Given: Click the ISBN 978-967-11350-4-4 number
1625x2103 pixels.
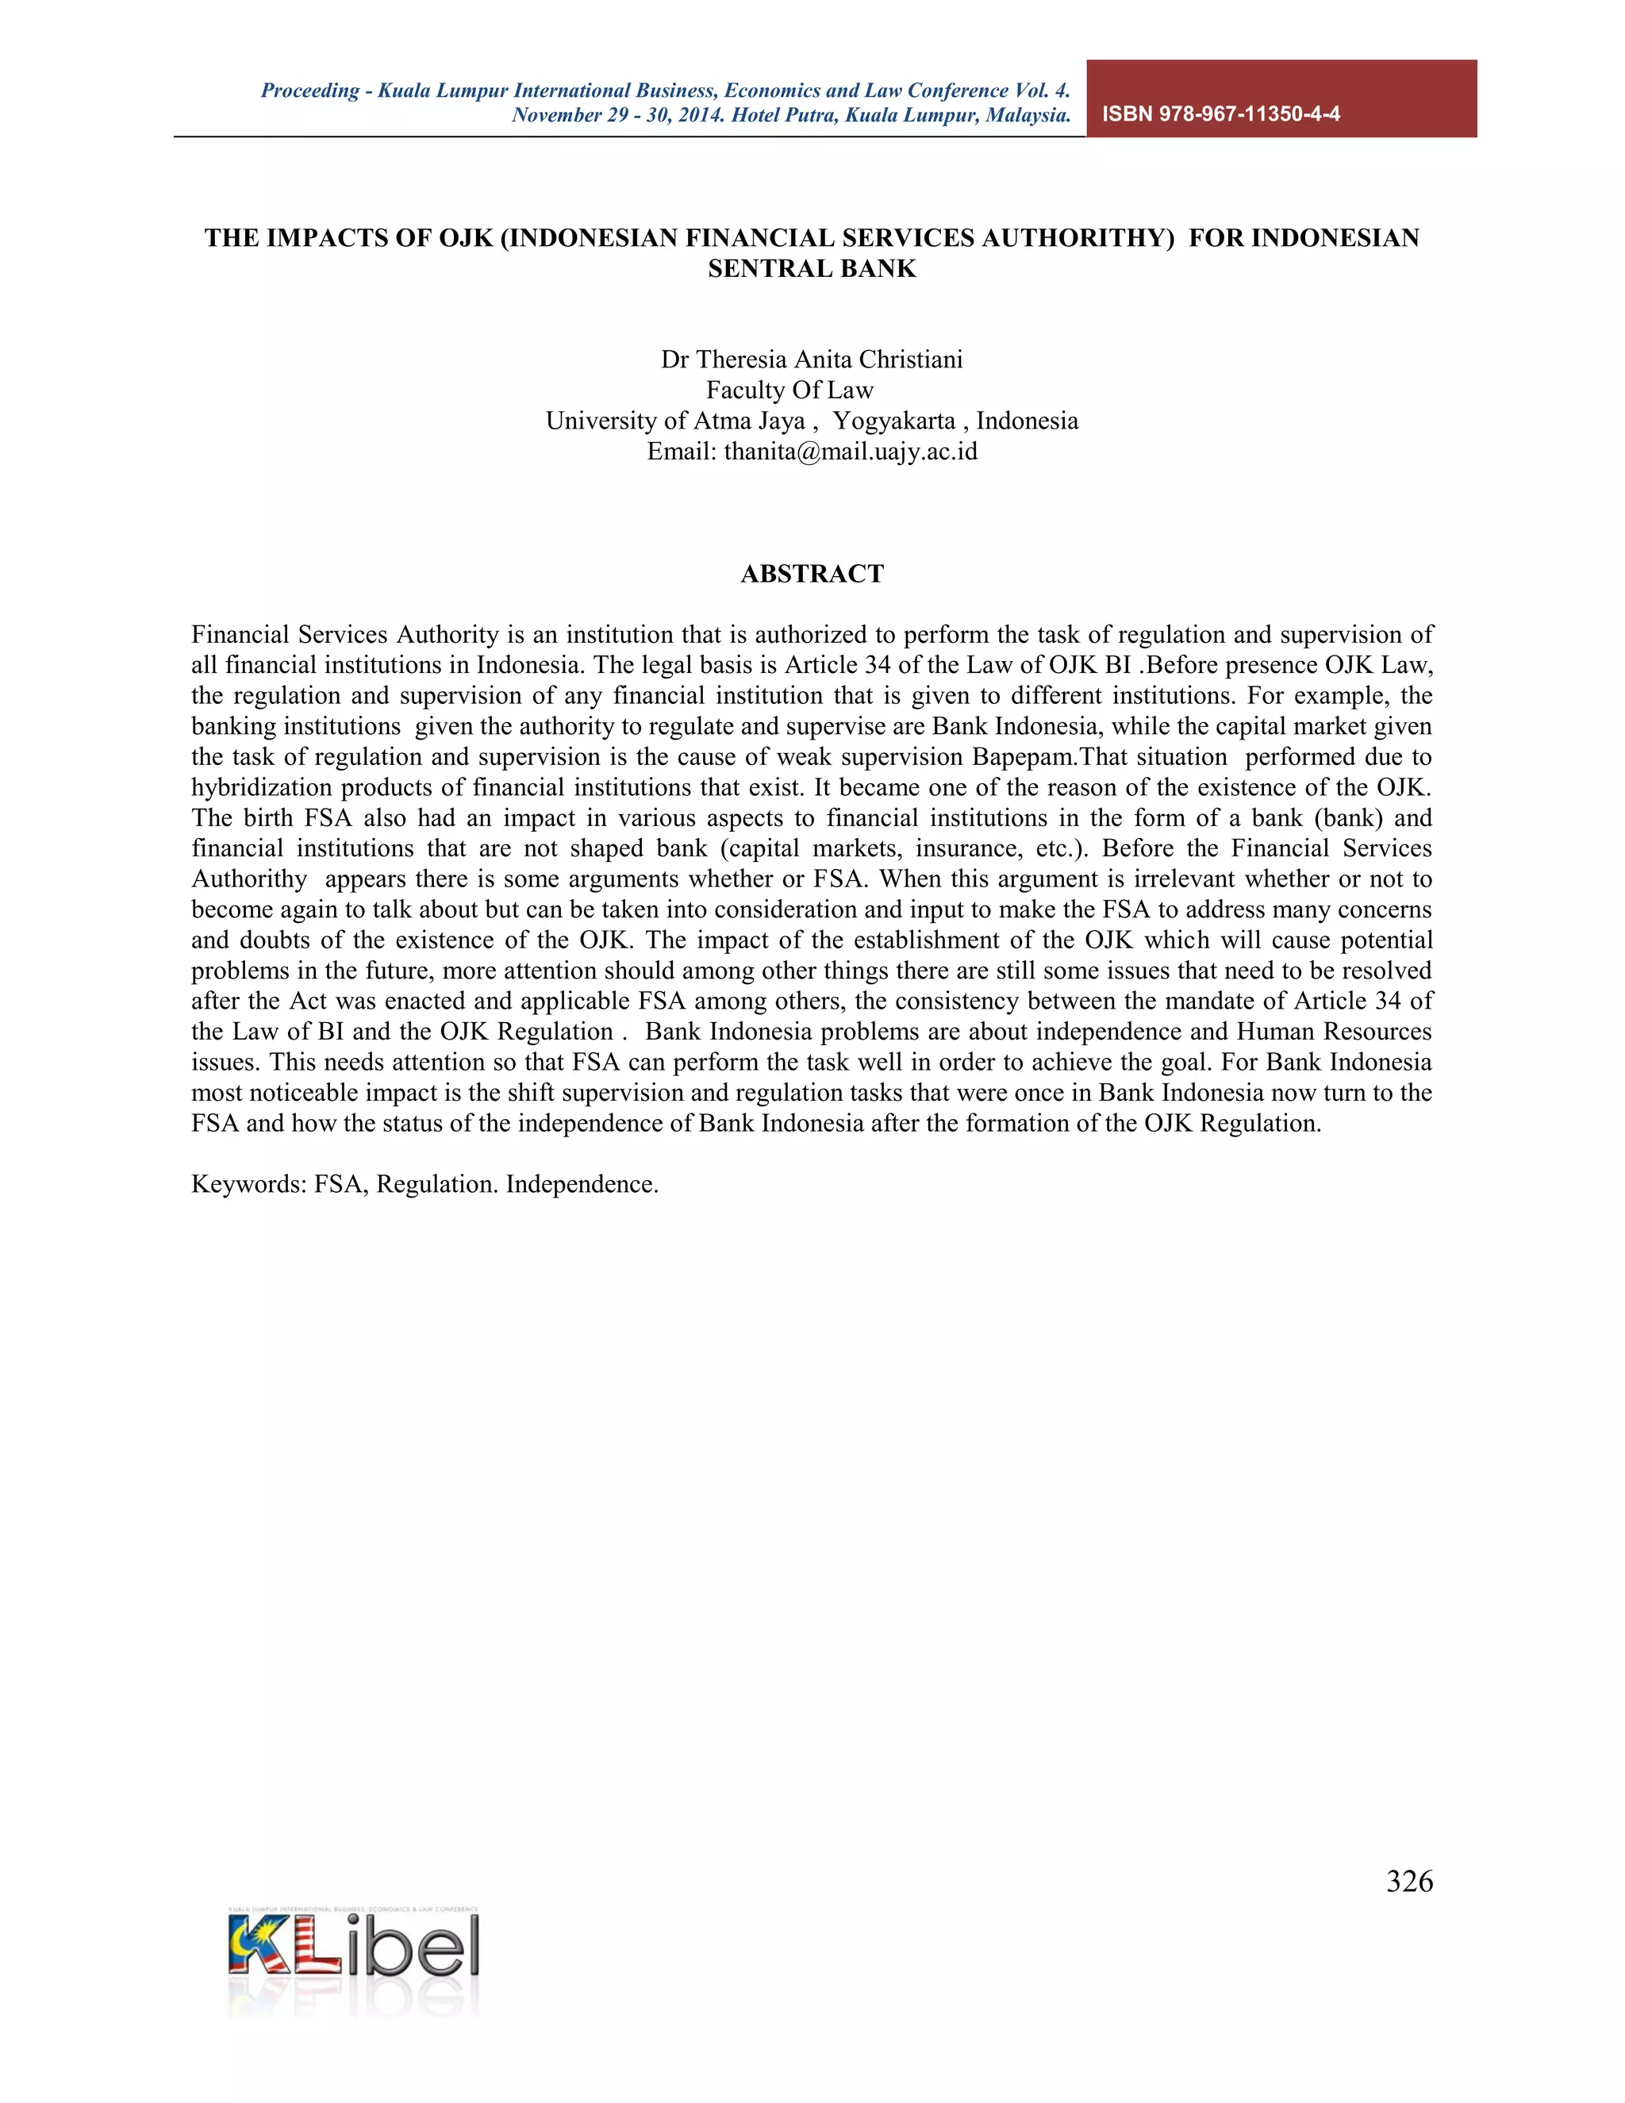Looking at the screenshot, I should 1220,113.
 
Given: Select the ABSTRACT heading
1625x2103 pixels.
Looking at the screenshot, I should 812,574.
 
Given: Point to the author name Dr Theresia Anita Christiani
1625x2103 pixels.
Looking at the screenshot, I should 812,359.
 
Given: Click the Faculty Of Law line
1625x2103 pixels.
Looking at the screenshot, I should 789,390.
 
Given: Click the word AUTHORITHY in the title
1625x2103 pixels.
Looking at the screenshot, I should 1078,238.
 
